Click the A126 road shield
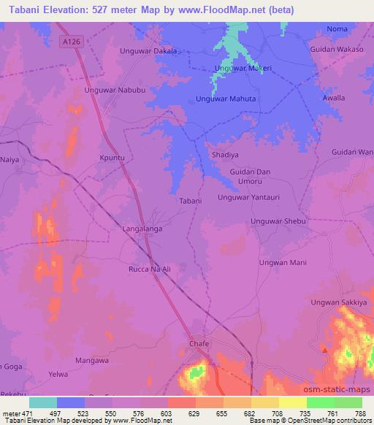(x=70, y=43)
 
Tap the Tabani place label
(x=191, y=200)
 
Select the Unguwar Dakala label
(x=148, y=52)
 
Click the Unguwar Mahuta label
(x=228, y=99)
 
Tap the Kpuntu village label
(x=112, y=157)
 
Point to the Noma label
(x=337, y=28)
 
